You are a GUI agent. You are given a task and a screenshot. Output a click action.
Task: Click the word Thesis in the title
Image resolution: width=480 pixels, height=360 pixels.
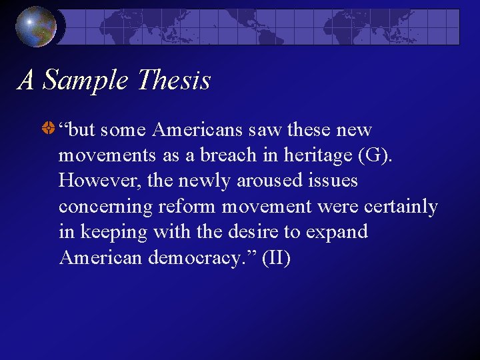click(173, 81)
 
